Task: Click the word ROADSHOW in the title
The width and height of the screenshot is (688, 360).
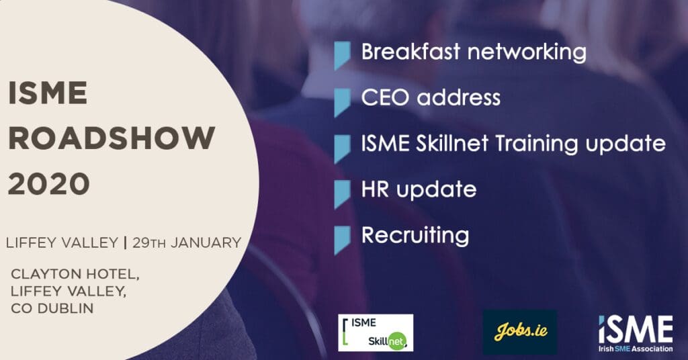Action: (112, 138)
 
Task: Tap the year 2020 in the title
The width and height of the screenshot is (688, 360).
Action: (49, 184)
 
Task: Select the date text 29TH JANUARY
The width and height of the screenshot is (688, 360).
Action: (187, 242)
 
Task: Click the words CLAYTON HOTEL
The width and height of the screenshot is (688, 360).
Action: (75, 274)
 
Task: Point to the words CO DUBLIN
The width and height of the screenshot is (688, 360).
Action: (52, 308)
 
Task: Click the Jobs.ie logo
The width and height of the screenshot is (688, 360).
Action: (520, 332)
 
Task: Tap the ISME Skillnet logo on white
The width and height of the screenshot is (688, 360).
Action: (376, 332)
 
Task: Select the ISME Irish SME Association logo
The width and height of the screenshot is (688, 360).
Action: (636, 333)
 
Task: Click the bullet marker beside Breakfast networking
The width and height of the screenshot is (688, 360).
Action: (342, 56)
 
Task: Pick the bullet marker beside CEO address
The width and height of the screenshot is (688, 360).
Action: (342, 103)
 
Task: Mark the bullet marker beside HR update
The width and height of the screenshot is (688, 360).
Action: (342, 194)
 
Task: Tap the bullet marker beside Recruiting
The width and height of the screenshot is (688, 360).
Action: (342, 240)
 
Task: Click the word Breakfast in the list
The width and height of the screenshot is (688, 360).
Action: (411, 51)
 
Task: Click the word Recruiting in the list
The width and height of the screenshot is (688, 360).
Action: (415, 236)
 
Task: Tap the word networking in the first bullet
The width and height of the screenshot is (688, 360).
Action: (527, 52)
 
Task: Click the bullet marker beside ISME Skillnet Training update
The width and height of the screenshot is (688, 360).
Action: (342, 149)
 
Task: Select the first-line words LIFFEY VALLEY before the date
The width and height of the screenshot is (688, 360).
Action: (62, 242)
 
